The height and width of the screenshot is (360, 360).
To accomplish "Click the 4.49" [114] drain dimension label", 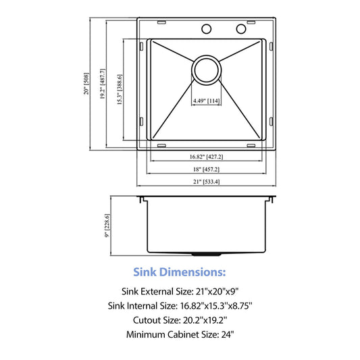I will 207,101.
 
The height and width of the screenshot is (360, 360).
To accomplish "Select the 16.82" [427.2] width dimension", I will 206,157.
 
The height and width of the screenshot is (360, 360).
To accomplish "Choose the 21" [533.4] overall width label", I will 206,182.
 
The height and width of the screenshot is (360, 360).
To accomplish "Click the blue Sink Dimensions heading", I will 180,272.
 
